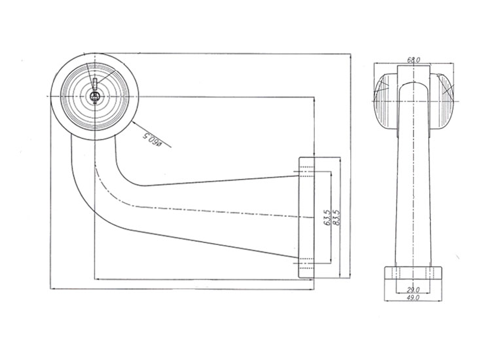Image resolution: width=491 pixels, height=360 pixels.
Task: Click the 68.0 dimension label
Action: pos(413,60)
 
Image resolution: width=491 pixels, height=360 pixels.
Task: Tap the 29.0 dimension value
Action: pos(413,290)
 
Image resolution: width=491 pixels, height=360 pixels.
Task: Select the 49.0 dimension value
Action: pos(413,298)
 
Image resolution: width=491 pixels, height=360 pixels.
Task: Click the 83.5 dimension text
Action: pos(336,217)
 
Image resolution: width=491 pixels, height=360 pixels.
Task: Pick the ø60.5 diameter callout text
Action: pos(153,139)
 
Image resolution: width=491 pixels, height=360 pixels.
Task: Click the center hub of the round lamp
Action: pos(94,96)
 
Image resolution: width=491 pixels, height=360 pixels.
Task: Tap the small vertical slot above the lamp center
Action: pos(95,83)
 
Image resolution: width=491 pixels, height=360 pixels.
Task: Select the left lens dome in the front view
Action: pos(386,101)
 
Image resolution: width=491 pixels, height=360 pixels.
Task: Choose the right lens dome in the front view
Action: pos(441,101)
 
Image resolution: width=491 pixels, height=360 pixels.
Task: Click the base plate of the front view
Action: pos(413,273)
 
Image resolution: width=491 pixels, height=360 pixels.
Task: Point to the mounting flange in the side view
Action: pos(306,217)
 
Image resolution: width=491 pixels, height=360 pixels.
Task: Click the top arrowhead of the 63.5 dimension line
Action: pos(331,173)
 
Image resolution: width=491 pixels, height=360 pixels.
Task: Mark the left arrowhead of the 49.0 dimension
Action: pos(386,301)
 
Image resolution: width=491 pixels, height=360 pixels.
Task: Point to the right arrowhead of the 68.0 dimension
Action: pos(452,63)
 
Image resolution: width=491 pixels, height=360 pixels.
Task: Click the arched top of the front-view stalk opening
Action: pos(413,82)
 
